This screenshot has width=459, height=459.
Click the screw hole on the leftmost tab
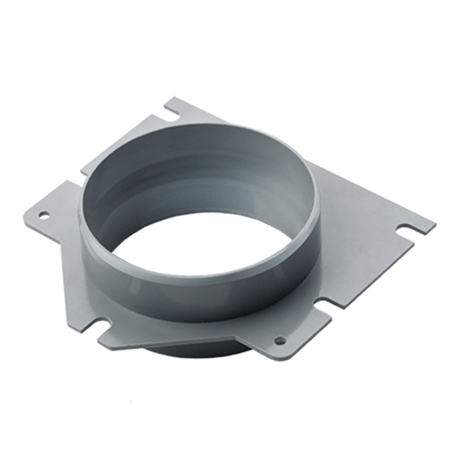coord(44,214)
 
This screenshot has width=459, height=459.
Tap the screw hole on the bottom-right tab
coord(280,340)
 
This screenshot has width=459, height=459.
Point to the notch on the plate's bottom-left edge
coord(102,325)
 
